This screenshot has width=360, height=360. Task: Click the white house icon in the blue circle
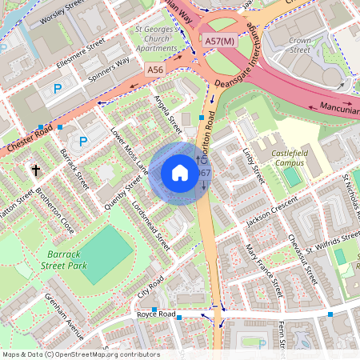tap(180, 173)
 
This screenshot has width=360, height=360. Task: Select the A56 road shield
tap(156, 71)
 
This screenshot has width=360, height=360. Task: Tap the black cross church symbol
tap(35, 170)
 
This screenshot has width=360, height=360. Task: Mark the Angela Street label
tap(168, 115)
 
